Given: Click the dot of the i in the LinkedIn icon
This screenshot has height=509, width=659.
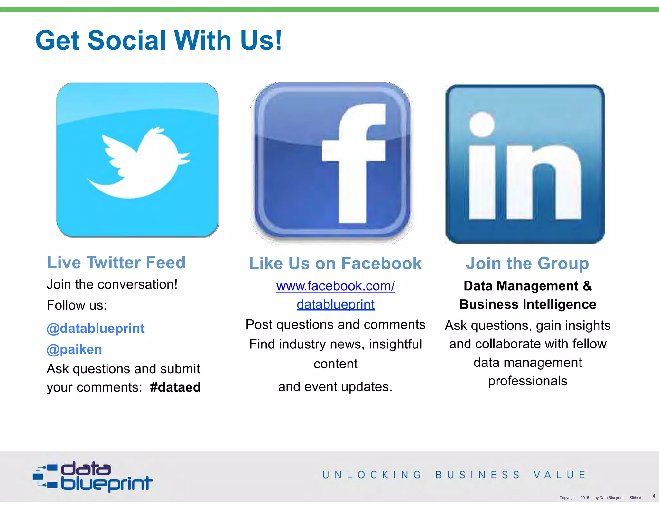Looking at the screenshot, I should click(x=482, y=124).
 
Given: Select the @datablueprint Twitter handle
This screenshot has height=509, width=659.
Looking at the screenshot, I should click(x=96, y=329).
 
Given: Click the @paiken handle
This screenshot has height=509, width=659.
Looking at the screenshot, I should click(x=74, y=349).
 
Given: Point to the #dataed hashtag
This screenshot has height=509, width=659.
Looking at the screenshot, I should click(x=175, y=387).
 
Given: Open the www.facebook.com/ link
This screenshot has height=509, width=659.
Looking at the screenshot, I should click(x=335, y=286).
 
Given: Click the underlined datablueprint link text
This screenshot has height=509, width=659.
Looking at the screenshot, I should click(x=335, y=304).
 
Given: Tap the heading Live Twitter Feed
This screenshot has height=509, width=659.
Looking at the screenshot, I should click(x=116, y=263).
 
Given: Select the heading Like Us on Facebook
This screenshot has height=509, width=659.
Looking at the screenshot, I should click(x=335, y=264).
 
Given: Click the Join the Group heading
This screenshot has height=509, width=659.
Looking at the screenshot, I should click(x=527, y=264).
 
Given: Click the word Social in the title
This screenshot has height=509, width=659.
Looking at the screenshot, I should click(x=127, y=40).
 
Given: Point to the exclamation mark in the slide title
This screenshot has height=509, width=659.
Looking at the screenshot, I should click(x=278, y=40).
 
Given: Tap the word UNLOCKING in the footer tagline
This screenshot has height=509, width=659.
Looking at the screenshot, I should click(x=372, y=475).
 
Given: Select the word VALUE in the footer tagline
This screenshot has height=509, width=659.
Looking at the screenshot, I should click(x=560, y=475).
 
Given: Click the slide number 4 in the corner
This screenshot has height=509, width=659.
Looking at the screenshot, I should click(x=654, y=496).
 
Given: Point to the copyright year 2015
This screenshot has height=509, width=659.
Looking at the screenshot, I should click(x=585, y=498).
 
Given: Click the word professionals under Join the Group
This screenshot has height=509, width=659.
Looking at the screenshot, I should click(x=527, y=381).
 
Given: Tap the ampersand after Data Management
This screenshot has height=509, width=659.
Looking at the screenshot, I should click(x=587, y=286).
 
